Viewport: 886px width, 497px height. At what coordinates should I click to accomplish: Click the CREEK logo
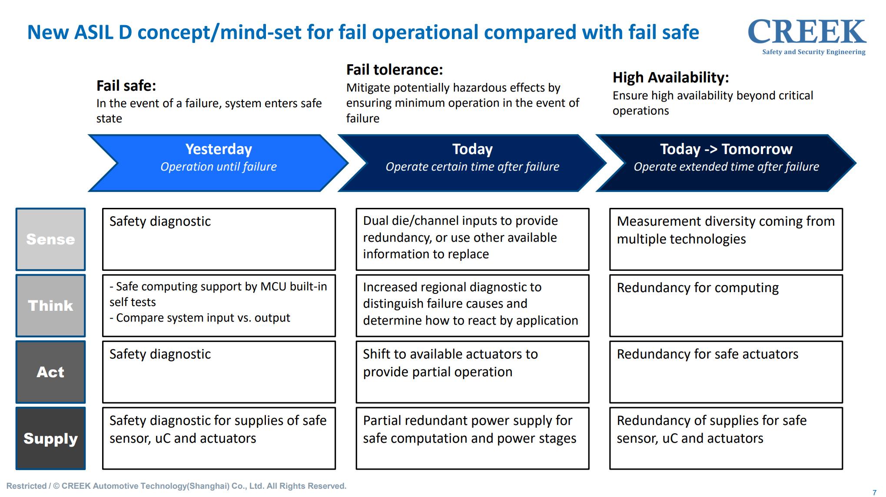807,37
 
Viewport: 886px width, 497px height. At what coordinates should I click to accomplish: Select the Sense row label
50,239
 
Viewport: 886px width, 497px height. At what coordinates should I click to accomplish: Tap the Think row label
50,306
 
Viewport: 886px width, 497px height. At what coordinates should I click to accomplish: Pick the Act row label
50,372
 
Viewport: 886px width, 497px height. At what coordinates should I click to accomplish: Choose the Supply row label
50,438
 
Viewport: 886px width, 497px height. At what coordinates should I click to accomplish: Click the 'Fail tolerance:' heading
395,69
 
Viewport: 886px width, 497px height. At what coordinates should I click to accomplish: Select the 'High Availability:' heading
670,77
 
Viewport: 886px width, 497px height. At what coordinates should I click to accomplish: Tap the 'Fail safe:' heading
126,86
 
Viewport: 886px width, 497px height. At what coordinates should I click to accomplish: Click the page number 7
875,493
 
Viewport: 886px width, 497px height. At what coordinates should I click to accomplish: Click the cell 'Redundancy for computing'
726,306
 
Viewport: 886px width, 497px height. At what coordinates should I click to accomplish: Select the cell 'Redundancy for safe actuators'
726,372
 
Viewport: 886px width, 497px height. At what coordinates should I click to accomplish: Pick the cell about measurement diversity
726,239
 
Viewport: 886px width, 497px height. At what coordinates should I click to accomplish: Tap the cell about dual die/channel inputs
472,239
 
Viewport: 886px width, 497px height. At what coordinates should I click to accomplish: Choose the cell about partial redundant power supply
472,438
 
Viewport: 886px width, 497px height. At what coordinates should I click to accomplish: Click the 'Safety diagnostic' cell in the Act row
219,372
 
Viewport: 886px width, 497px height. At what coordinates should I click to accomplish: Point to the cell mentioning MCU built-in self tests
219,306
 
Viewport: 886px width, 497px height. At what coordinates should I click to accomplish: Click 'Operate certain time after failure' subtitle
472,167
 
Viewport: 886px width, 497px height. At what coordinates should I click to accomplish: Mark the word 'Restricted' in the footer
27,486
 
